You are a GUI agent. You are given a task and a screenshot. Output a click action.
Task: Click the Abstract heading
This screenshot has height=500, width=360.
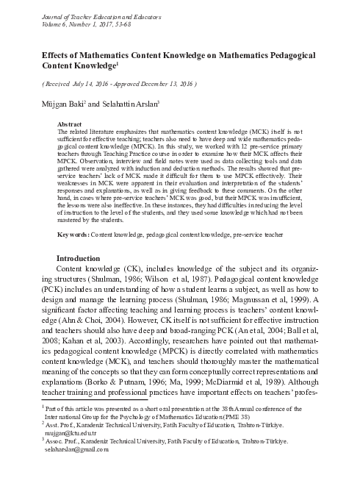coord(69,125)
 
